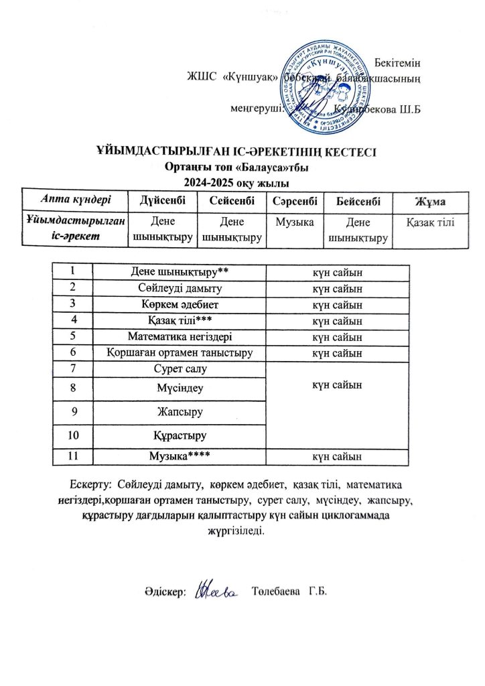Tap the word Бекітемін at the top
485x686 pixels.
tap(397, 62)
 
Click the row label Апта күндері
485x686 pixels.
tap(74, 200)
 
